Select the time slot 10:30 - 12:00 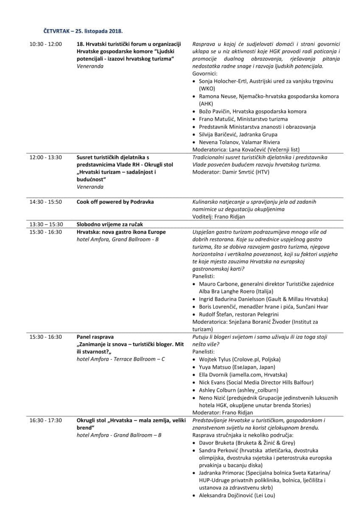(x=45, y=44)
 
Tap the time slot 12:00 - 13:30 (x=45, y=157)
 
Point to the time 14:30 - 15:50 (x=45, y=201)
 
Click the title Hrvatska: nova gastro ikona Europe (x=121, y=232)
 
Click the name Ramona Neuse (x=217, y=96)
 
